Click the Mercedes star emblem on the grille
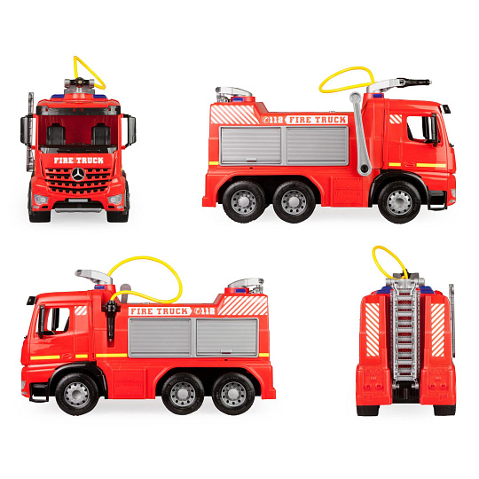click(78, 175)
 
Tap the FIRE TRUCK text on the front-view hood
click(79, 161)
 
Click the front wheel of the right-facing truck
click(399, 202)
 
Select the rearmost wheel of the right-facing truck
click(244, 202)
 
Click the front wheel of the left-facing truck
click(77, 394)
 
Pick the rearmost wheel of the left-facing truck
click(233, 394)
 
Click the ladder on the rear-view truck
click(404, 332)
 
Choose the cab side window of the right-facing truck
click(420, 129)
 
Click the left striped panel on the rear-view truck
click(373, 330)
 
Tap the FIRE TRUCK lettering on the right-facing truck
click(318, 120)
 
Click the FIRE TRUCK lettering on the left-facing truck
click(160, 311)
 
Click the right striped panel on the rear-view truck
click(437, 330)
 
